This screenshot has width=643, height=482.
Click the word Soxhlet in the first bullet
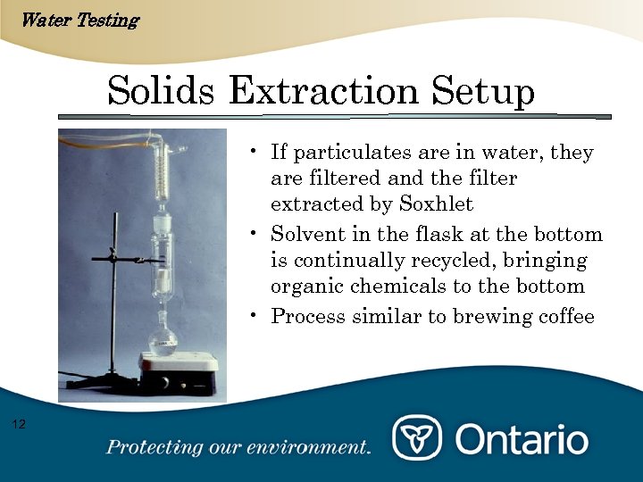(436, 204)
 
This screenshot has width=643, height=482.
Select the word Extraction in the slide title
(323, 91)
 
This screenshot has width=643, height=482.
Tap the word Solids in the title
(162, 91)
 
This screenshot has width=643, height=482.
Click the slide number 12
(20, 423)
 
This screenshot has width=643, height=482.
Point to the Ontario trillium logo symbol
(417, 438)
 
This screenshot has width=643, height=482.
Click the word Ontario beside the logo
(522, 439)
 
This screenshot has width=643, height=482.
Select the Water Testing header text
(79, 20)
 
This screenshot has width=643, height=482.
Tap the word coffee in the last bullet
(564, 317)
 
